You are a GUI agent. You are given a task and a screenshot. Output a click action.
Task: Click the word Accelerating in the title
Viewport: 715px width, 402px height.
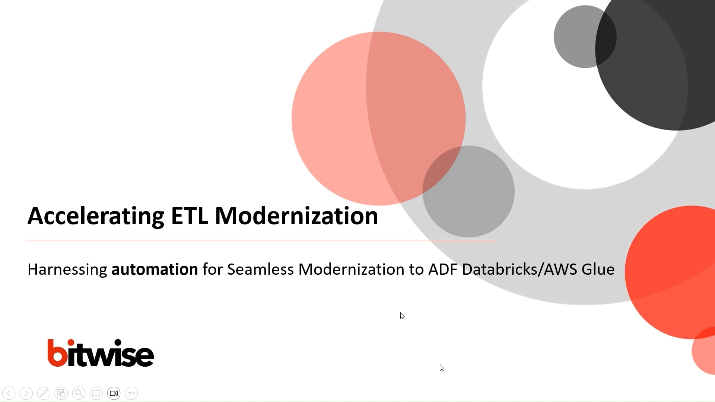[96, 216]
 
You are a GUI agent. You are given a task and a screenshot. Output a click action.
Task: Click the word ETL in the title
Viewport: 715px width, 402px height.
[189, 216]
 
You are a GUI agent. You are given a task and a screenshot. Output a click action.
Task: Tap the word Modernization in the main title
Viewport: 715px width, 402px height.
[296, 216]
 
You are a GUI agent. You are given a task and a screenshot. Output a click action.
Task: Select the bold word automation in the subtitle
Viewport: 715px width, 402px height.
[155, 269]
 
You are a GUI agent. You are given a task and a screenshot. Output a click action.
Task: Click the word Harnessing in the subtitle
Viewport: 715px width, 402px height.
[67, 269]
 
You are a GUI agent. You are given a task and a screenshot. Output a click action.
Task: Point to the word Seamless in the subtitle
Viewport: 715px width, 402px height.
[260, 269]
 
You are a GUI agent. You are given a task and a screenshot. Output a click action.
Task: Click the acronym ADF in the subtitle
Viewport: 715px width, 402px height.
[442, 269]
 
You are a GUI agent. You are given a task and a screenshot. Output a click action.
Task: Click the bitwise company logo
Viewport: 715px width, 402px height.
[101, 353]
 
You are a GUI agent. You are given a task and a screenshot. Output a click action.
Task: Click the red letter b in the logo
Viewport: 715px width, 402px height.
[57, 353]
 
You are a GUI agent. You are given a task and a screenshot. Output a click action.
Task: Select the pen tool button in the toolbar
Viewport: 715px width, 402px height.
[44, 393]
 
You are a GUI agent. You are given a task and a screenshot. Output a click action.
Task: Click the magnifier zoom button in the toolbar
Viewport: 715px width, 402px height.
[79, 393]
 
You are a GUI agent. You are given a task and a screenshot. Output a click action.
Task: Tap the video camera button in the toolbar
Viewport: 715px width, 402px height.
[114, 393]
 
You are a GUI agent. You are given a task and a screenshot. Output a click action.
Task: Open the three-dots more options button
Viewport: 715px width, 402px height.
[131, 393]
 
